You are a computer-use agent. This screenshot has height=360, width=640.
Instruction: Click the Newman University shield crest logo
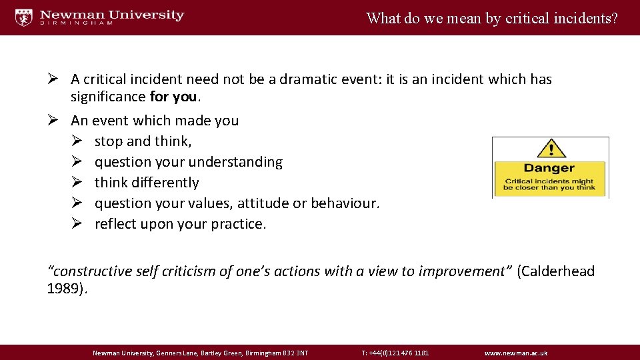(24, 17)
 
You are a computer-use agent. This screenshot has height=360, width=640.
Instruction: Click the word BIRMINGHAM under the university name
(77, 24)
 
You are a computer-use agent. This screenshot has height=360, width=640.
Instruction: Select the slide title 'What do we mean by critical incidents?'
(492, 18)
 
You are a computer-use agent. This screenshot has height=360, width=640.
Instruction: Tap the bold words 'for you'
(173, 97)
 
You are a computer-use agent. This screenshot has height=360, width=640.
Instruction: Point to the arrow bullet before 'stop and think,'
(77, 141)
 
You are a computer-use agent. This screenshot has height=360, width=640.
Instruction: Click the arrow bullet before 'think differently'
(77, 183)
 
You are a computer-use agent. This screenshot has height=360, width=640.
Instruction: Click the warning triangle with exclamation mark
(551, 149)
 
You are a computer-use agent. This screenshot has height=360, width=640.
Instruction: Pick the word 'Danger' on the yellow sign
(549, 169)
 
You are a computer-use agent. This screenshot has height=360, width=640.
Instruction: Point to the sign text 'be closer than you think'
(549, 188)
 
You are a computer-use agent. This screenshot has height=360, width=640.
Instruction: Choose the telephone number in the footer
(395, 353)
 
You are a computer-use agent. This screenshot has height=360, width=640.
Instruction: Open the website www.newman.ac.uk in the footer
(516, 353)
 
